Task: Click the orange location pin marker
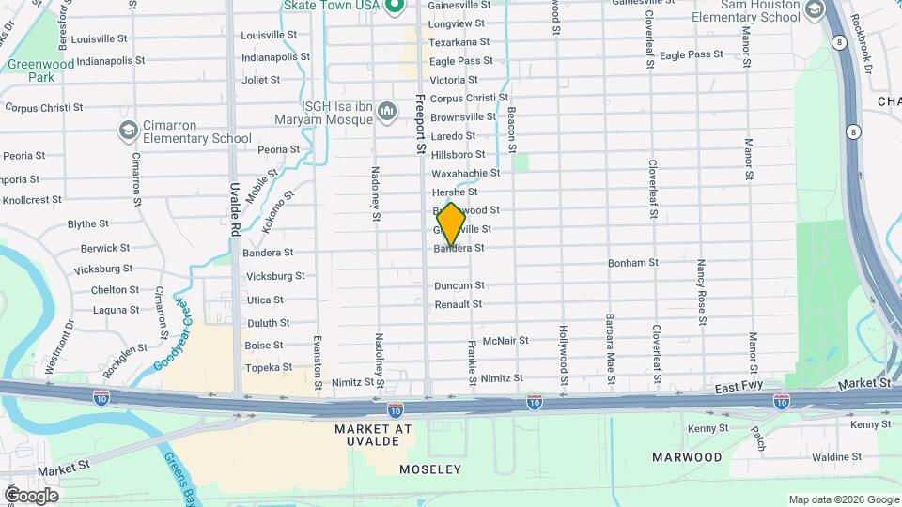pos(451,224)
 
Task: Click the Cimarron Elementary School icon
pos(128,129)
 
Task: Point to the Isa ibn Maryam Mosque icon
pos(386,114)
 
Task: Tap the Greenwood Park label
pos(29,71)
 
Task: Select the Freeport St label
pos(420,122)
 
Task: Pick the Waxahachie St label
pos(465,174)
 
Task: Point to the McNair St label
pos(505,341)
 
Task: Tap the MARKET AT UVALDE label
pos(373,435)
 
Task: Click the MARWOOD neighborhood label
pos(688,457)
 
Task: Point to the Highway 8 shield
pos(852,131)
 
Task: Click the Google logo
pos(30,495)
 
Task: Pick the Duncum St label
pos(459,285)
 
